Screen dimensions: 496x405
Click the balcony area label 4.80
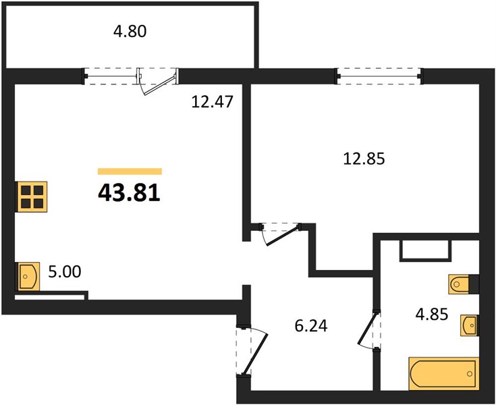(x=130, y=32)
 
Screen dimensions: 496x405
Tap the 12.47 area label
(x=213, y=102)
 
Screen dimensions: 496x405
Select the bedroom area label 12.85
(x=364, y=159)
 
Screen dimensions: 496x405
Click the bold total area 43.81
(x=129, y=193)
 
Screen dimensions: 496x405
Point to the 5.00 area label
(x=65, y=271)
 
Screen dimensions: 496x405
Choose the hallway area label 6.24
(x=311, y=326)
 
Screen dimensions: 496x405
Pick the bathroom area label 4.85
(x=432, y=315)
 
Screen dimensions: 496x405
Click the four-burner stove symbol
(x=31, y=196)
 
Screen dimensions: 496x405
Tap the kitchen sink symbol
(x=28, y=277)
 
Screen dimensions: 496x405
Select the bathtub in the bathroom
(x=444, y=374)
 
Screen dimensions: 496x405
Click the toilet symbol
(x=464, y=284)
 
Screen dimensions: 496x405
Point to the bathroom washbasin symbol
(x=470, y=325)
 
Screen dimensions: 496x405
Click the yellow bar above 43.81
(x=130, y=171)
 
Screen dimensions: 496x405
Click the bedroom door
(x=280, y=234)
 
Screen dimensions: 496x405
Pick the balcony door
(x=157, y=81)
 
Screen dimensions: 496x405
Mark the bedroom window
(x=379, y=76)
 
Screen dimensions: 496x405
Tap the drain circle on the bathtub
(x=470, y=374)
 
